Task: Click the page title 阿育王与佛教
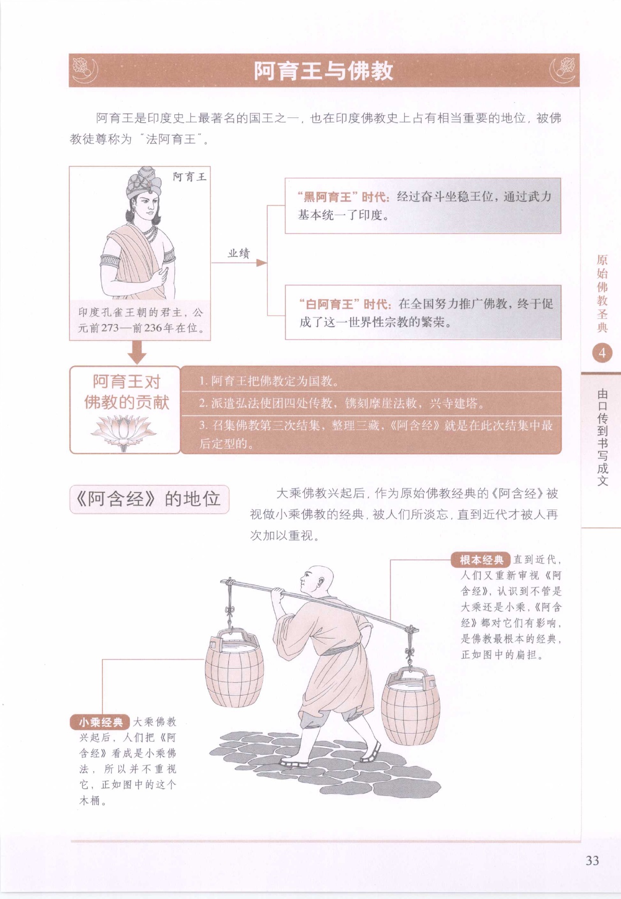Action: point(323,70)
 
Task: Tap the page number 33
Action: point(592,860)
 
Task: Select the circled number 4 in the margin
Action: point(602,353)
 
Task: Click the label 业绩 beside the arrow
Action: point(239,253)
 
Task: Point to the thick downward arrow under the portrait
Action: point(137,352)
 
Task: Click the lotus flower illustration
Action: point(123,432)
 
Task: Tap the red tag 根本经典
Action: point(481,560)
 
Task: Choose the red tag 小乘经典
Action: point(100,722)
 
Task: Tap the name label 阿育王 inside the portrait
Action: point(189,176)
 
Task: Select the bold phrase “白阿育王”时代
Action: point(346,304)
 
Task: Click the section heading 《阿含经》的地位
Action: point(148,499)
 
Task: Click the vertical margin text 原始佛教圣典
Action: point(602,293)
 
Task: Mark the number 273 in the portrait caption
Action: point(110,328)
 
